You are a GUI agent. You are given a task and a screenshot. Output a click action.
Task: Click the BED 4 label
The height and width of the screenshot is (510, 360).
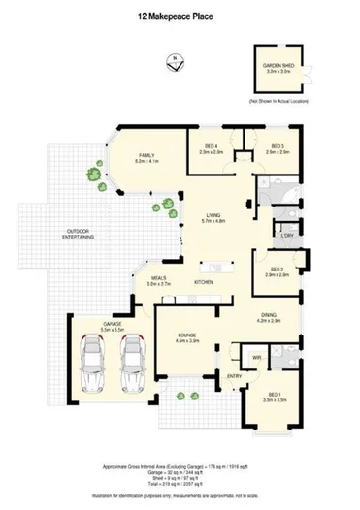[x=213, y=146]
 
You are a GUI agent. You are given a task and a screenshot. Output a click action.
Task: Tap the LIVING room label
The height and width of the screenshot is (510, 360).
[x=213, y=217]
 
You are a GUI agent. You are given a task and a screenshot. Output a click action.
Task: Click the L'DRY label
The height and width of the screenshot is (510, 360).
[x=287, y=236]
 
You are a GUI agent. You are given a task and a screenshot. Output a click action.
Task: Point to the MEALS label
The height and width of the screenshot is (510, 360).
[x=158, y=279]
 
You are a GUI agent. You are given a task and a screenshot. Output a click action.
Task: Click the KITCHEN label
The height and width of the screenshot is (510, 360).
[x=204, y=282]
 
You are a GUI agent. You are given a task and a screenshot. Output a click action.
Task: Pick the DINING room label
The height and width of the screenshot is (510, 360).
[x=269, y=316]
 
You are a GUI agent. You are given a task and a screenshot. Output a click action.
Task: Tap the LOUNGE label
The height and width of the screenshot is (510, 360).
[x=187, y=335]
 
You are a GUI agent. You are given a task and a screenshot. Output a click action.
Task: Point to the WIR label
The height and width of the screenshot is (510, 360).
[x=256, y=358]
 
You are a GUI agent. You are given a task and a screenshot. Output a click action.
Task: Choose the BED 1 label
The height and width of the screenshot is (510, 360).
[x=277, y=395]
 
